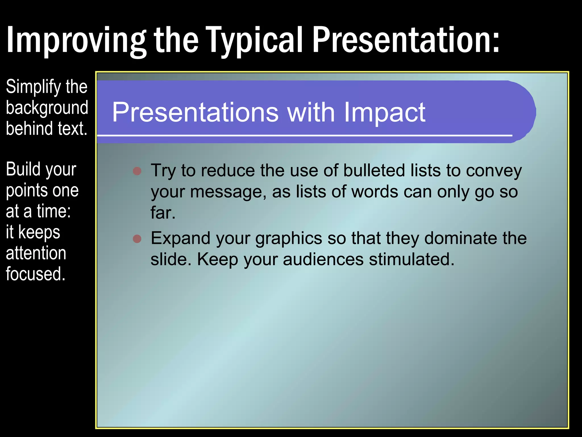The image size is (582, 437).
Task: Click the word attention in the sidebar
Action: [36, 253]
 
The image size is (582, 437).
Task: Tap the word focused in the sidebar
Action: [36, 274]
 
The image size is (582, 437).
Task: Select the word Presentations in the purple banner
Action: [195, 112]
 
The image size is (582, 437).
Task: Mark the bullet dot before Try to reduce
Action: [137, 171]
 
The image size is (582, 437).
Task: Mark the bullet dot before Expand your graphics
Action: [137, 238]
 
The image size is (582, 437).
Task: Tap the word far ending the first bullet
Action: [163, 213]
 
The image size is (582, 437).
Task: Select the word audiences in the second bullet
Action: [323, 259]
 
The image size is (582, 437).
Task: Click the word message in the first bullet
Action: [228, 192]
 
